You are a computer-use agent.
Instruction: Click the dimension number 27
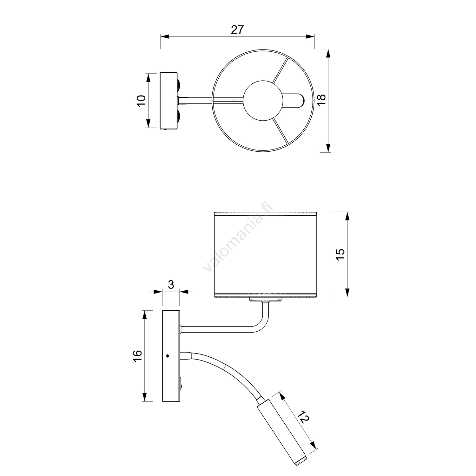pos(237,30)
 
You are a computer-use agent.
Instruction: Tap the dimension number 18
pos(321,101)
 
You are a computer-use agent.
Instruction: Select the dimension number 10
pos(142,100)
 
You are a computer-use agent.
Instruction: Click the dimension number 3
pos(171,285)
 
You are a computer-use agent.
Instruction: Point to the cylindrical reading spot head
pos(282,435)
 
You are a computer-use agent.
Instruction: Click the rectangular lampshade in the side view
pos(266,255)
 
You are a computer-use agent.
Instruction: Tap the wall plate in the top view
pos(169,101)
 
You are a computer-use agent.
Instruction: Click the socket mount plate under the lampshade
pos(266,300)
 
